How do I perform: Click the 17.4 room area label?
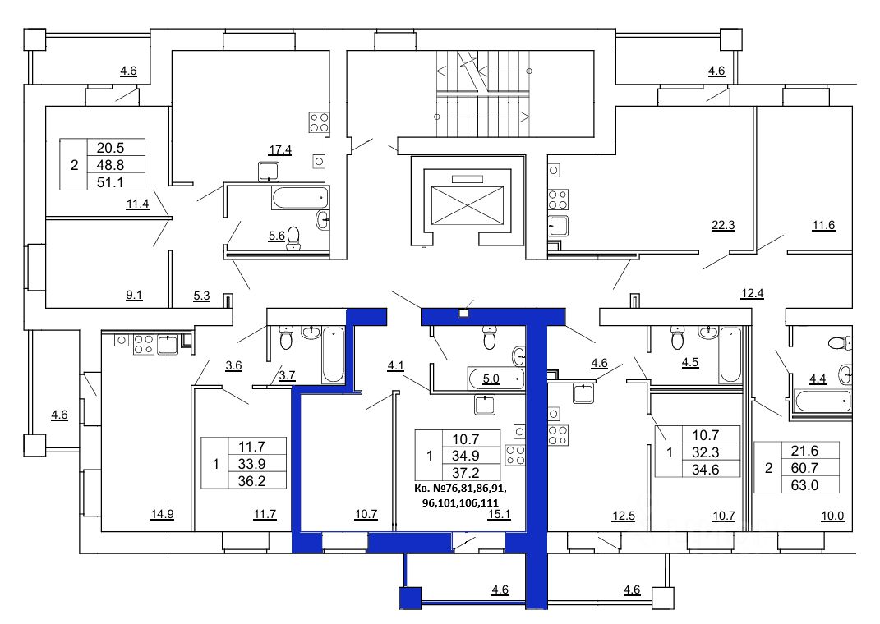tap(279, 149)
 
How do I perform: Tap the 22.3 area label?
tap(723, 226)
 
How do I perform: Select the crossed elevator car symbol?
tap(467, 206)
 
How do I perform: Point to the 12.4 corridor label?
tap(752, 293)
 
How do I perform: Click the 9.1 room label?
tap(134, 295)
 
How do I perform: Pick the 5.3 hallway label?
tap(201, 296)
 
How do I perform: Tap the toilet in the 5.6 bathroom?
tap(293, 238)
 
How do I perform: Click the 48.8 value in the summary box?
tap(110, 165)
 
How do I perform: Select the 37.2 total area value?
tap(465, 473)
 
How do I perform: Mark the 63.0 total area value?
tap(804, 485)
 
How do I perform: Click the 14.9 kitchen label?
tap(162, 513)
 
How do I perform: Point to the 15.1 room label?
tap(499, 514)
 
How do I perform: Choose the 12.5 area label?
tap(623, 516)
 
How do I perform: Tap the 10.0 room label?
tap(832, 516)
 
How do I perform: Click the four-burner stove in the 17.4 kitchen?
tap(319, 123)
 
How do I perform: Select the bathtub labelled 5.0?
tap(496, 379)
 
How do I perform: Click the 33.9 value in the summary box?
tap(251, 464)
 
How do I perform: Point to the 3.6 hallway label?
tap(233, 365)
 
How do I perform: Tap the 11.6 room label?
tap(823, 226)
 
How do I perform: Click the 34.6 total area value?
tap(706, 470)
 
